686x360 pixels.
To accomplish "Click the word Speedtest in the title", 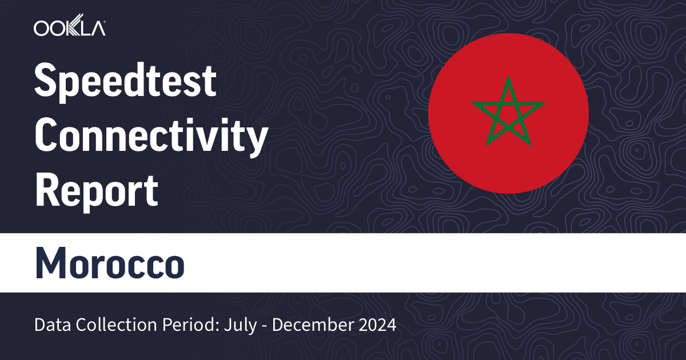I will pyautogui.click(x=126, y=81).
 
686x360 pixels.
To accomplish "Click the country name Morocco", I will pyautogui.click(x=110, y=263).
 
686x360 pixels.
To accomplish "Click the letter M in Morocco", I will pyautogui.click(x=50, y=263).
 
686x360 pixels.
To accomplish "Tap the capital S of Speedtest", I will pyautogui.click(x=46, y=81).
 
